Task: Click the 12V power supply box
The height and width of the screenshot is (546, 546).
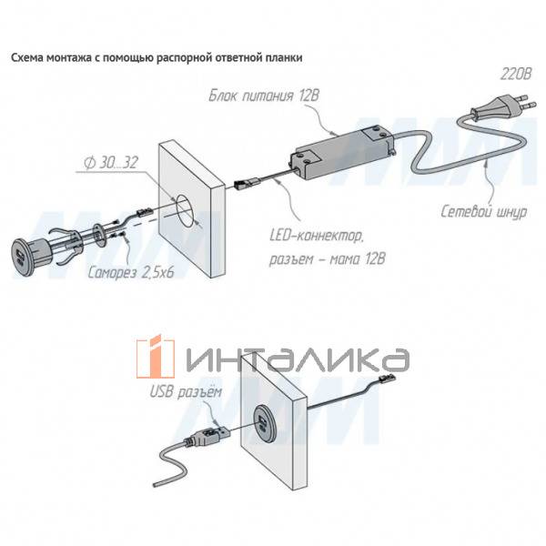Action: tap(341, 147)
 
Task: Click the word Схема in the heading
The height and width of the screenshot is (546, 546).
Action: tap(28, 56)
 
